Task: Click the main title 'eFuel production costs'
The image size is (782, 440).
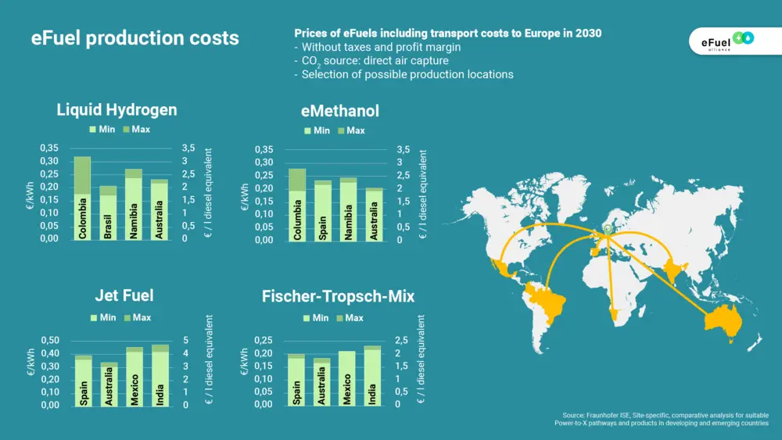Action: pyautogui.click(x=135, y=38)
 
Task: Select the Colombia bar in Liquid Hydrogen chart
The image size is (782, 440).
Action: pyautogui.click(x=82, y=198)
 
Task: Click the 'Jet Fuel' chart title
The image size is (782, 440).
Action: pyautogui.click(x=124, y=295)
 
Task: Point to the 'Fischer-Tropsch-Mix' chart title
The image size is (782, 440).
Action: pyautogui.click(x=338, y=296)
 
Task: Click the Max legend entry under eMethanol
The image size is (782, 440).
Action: pyautogui.click(x=350, y=131)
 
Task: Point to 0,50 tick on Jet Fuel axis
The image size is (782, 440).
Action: pyautogui.click(x=49, y=341)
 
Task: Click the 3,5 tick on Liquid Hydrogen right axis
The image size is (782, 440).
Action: pyautogui.click(x=188, y=148)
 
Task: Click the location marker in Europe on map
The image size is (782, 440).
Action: pyautogui.click(x=607, y=230)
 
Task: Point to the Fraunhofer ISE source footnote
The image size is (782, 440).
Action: pyautogui.click(x=665, y=419)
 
